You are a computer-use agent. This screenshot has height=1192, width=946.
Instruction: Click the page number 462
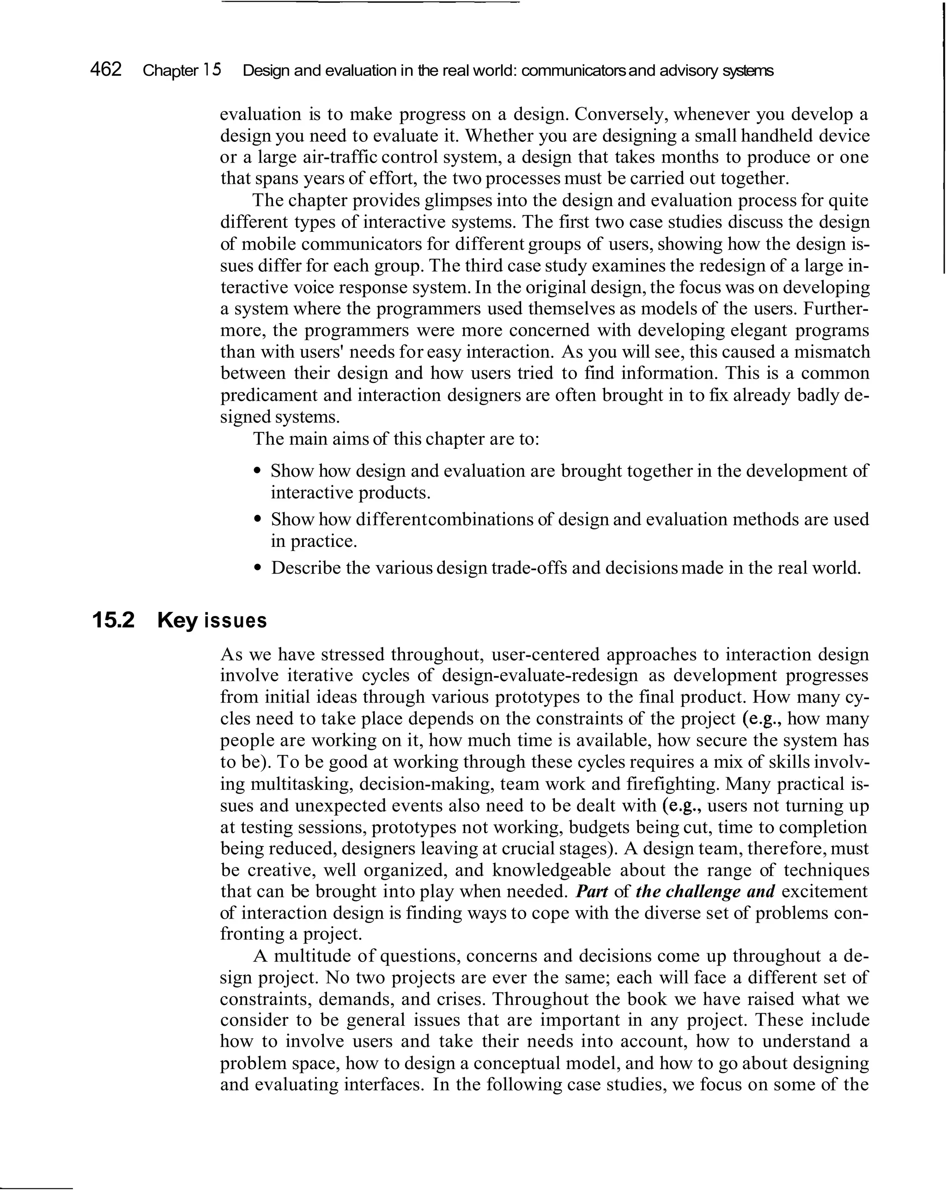tap(106, 70)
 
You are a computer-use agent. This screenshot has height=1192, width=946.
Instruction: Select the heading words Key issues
tap(212, 621)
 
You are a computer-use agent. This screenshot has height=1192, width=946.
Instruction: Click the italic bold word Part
tap(592, 892)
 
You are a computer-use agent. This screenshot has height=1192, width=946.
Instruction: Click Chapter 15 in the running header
tap(182, 70)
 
